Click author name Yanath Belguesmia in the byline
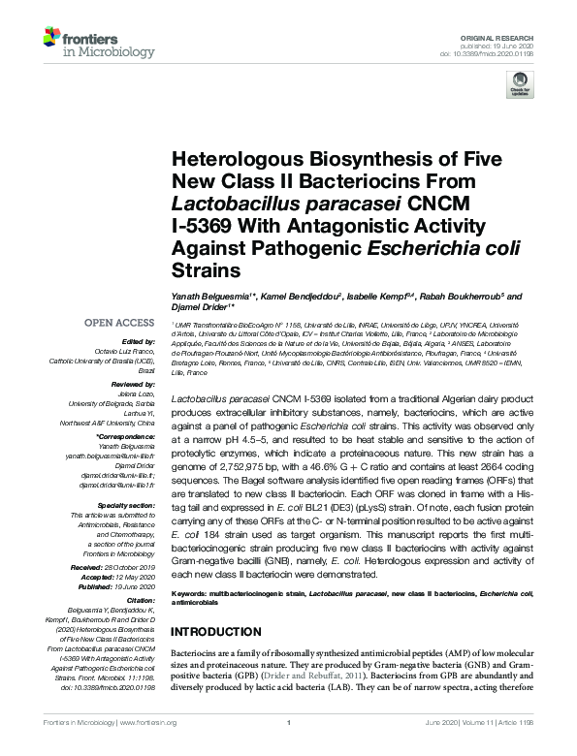coord(207,295)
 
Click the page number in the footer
coord(288,747)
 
